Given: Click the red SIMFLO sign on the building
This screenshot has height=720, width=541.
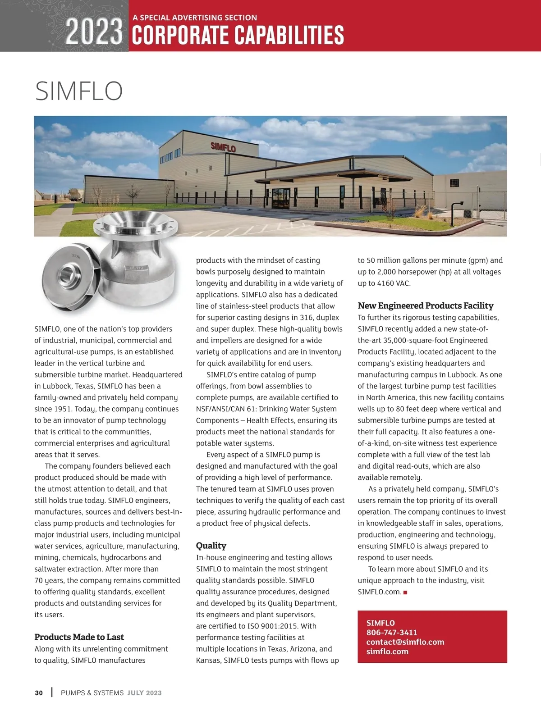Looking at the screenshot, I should (x=223, y=147).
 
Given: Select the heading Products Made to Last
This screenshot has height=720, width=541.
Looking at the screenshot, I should (x=79, y=637).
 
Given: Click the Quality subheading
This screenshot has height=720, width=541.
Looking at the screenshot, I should (x=211, y=546).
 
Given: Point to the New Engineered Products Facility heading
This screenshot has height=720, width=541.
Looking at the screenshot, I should (x=425, y=305).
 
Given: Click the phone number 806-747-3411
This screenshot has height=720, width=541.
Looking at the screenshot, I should (x=391, y=633).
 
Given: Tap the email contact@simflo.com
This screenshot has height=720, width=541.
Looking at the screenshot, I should (x=405, y=642).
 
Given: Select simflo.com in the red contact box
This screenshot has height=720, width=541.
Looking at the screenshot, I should (x=387, y=652).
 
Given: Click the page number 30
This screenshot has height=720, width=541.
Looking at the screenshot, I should (x=39, y=693).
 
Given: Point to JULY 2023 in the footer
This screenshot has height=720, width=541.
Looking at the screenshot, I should (x=144, y=693).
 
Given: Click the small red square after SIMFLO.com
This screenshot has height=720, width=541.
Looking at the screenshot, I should (x=405, y=592).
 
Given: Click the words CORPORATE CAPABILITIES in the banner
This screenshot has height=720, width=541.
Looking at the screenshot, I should (x=238, y=35).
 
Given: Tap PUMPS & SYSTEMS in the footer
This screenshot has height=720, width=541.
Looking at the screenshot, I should (x=92, y=693).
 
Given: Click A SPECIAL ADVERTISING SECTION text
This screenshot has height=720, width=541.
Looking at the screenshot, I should (x=195, y=18).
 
